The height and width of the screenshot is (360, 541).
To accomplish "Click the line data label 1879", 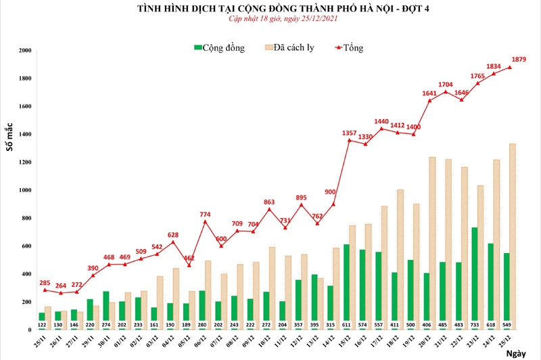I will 519,60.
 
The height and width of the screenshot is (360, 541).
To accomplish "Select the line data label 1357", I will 350,132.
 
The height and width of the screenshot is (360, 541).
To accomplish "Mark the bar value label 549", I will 507,324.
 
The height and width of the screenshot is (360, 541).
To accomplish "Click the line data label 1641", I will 429,93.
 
